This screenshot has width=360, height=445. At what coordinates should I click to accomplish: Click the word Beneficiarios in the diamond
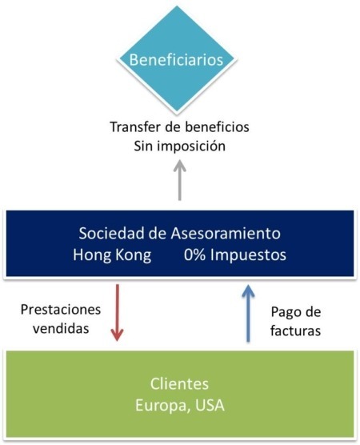pos(176,60)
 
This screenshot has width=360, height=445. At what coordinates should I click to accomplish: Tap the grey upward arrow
pos(180,181)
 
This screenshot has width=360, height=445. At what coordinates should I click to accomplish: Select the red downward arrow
pos(117,312)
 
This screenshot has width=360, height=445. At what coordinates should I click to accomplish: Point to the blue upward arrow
pos(248,313)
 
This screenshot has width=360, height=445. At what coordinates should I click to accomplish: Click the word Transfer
pos(134,127)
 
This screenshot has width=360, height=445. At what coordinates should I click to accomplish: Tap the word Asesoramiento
pos(226,233)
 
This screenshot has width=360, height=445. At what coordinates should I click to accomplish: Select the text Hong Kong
pos(112,255)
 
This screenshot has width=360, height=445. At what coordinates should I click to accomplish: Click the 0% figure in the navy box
pos(194,255)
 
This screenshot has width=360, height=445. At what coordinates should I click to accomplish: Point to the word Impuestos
pos(248,255)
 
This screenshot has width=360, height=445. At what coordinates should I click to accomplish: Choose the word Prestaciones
pos(61,310)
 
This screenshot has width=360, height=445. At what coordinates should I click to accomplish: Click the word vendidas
pos(61,328)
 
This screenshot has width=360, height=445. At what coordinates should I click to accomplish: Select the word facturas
pos(296,331)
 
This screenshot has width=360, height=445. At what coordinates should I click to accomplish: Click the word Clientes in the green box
pos(179,383)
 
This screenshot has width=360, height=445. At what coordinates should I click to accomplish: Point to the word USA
pos(210,405)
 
